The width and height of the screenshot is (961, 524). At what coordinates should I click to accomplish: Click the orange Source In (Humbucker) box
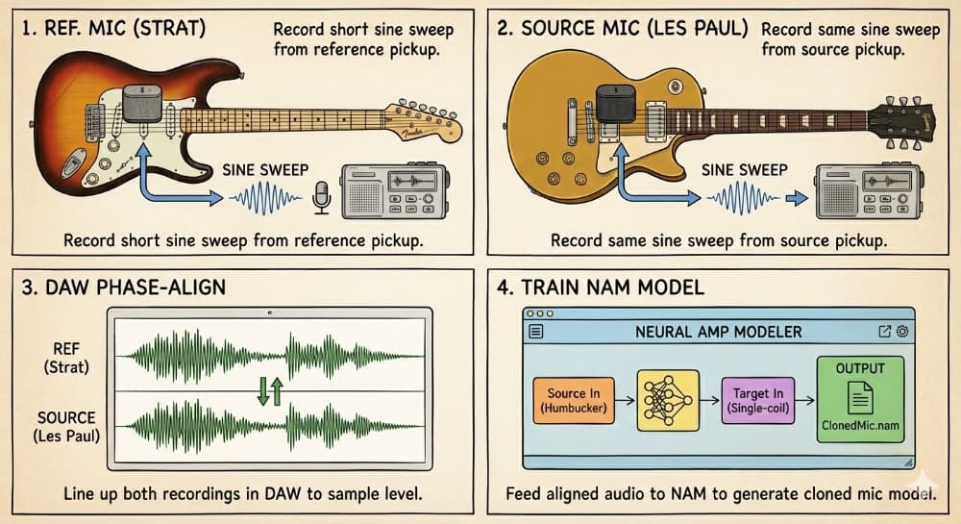click(x=573, y=401)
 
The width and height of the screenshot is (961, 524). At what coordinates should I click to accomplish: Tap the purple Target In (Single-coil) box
click(x=759, y=401)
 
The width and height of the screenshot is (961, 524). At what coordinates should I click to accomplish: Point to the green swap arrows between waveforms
click(x=270, y=390)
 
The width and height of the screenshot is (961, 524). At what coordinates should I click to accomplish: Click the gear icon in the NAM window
click(x=901, y=332)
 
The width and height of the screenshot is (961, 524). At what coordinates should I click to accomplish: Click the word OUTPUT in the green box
click(x=861, y=368)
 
